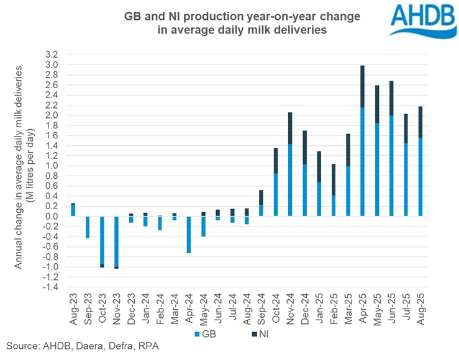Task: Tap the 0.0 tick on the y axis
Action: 52,217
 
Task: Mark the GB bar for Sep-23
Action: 87,227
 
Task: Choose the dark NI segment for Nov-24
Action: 291,128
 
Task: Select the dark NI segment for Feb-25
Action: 334,179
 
